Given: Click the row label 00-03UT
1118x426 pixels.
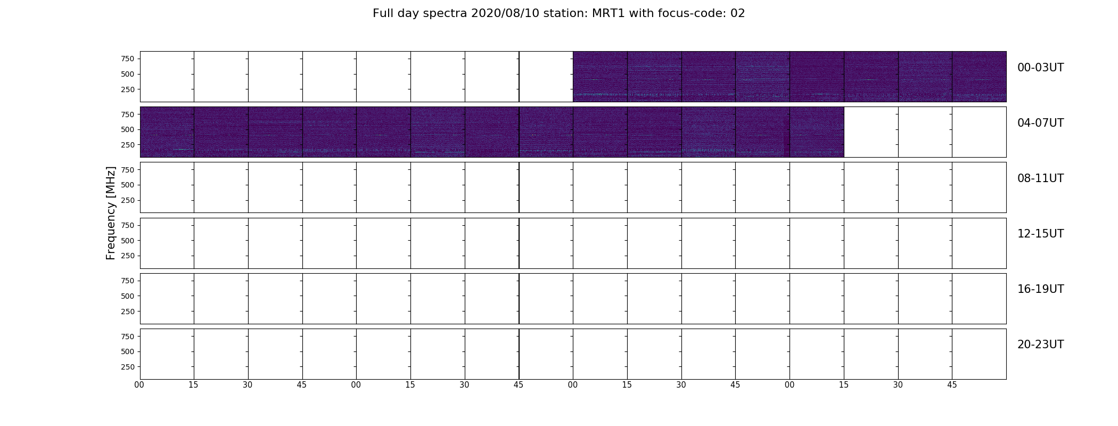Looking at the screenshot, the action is pyautogui.click(x=1040, y=68).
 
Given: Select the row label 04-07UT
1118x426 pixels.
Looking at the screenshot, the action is pyautogui.click(x=1040, y=123).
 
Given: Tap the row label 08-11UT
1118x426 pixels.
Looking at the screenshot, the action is pyautogui.click(x=1040, y=178).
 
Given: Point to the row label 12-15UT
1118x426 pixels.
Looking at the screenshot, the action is pyautogui.click(x=1040, y=234).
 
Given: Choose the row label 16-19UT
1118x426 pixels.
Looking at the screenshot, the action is pyautogui.click(x=1040, y=289).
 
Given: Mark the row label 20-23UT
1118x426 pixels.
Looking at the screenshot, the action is pyautogui.click(x=1040, y=345).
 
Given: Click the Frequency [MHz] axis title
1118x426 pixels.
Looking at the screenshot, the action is pyautogui.click(x=111, y=213).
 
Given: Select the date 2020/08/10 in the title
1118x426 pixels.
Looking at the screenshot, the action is pyautogui.click(x=502, y=13).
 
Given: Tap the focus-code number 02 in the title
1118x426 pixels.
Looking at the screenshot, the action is pyautogui.click(x=737, y=13).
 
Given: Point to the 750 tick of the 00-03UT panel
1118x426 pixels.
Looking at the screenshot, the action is pyautogui.click(x=127, y=59).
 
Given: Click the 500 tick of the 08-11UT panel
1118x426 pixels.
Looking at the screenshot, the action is pyautogui.click(x=127, y=185).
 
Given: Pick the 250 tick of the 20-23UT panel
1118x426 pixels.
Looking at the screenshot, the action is pyautogui.click(x=127, y=367).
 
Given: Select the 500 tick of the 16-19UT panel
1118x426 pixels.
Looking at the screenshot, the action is pyautogui.click(x=127, y=296).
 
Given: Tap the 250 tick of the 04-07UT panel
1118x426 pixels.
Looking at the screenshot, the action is pyautogui.click(x=127, y=145).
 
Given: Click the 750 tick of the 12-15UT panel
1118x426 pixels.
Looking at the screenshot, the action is pyautogui.click(x=127, y=226).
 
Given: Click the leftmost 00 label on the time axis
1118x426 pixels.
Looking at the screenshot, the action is pyautogui.click(x=139, y=385).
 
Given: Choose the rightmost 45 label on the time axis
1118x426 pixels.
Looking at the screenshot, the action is pyautogui.click(x=952, y=385).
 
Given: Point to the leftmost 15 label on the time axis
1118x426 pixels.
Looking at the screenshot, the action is pyautogui.click(x=193, y=385).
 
